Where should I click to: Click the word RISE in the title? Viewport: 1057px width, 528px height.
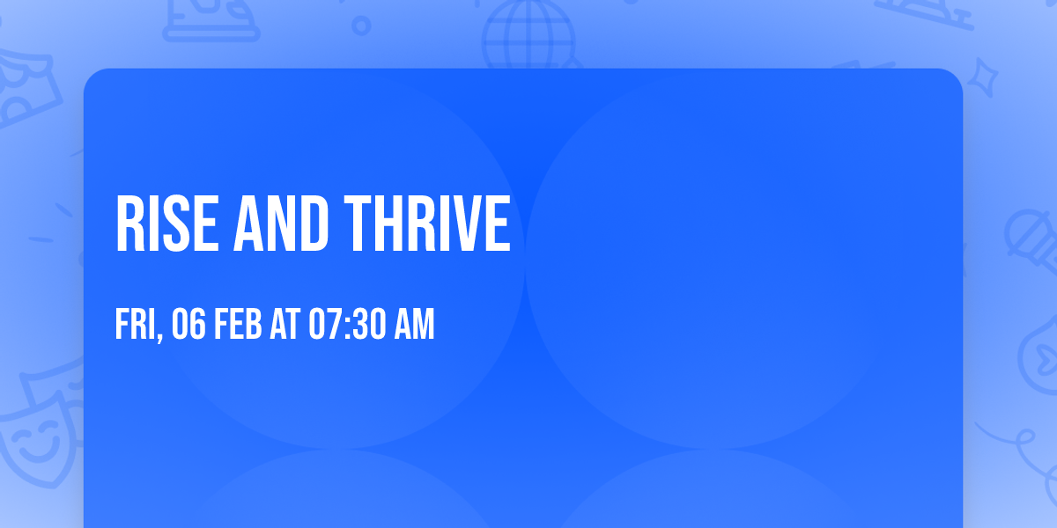(166, 224)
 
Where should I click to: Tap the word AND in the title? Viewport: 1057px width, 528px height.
(279, 224)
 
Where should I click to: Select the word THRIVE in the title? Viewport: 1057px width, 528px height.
(427, 224)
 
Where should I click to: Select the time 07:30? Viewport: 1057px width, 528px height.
(347, 326)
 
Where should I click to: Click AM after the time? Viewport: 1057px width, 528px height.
(414, 326)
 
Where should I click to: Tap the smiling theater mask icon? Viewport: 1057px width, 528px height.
(35, 436)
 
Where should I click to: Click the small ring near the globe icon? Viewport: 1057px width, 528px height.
(361, 25)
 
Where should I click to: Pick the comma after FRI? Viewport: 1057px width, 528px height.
(161, 337)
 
